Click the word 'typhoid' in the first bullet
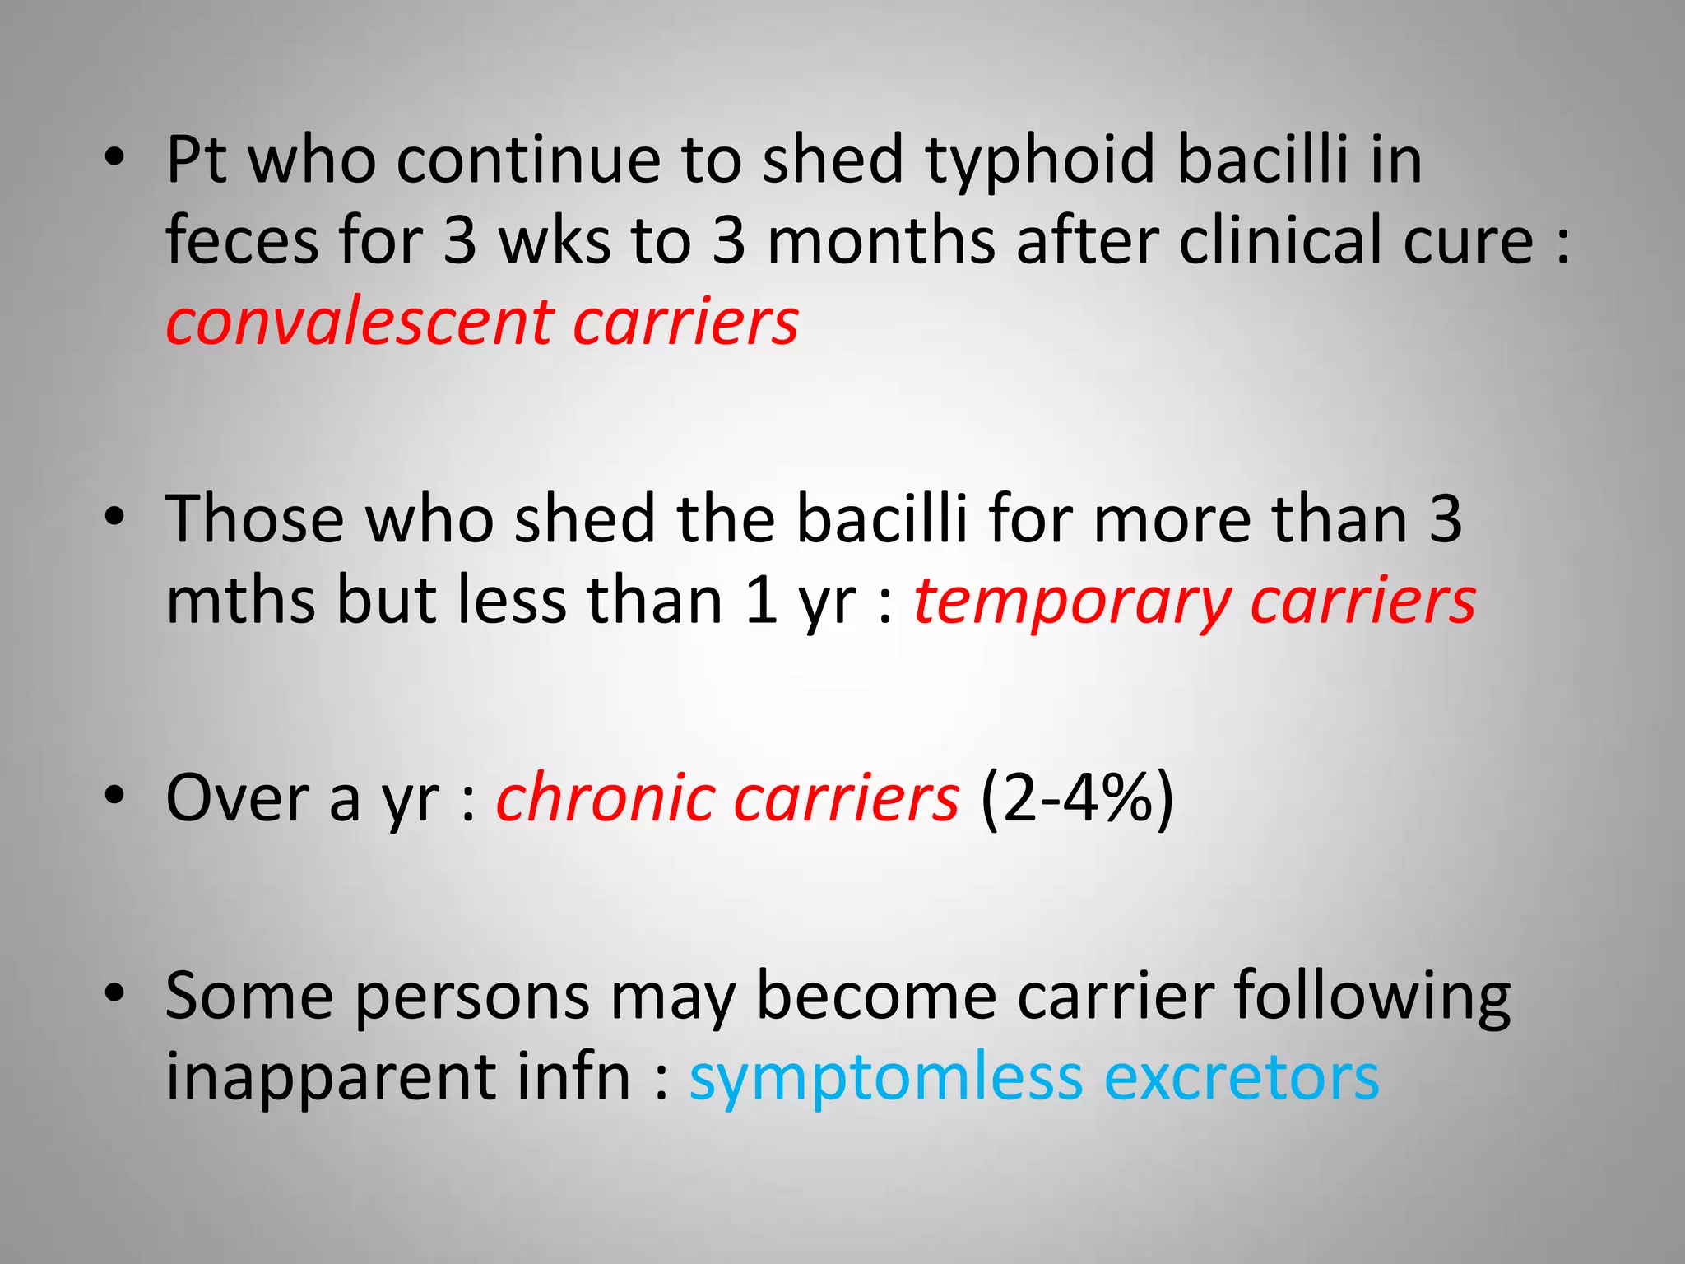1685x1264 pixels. click(x=1040, y=160)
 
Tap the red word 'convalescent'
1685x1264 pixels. click(x=360, y=322)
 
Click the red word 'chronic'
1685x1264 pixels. click(x=606, y=798)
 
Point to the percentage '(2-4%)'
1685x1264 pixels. click(x=1077, y=798)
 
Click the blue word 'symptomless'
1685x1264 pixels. click(x=885, y=1078)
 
